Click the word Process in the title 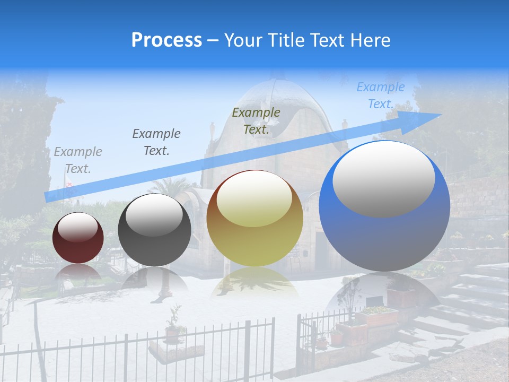coord(166,40)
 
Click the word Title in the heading coord(286,40)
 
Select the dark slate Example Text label coord(156,142)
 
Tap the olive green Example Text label coord(256,121)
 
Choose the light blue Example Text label coord(380,95)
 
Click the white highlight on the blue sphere coord(384,179)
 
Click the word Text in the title coord(329,40)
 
